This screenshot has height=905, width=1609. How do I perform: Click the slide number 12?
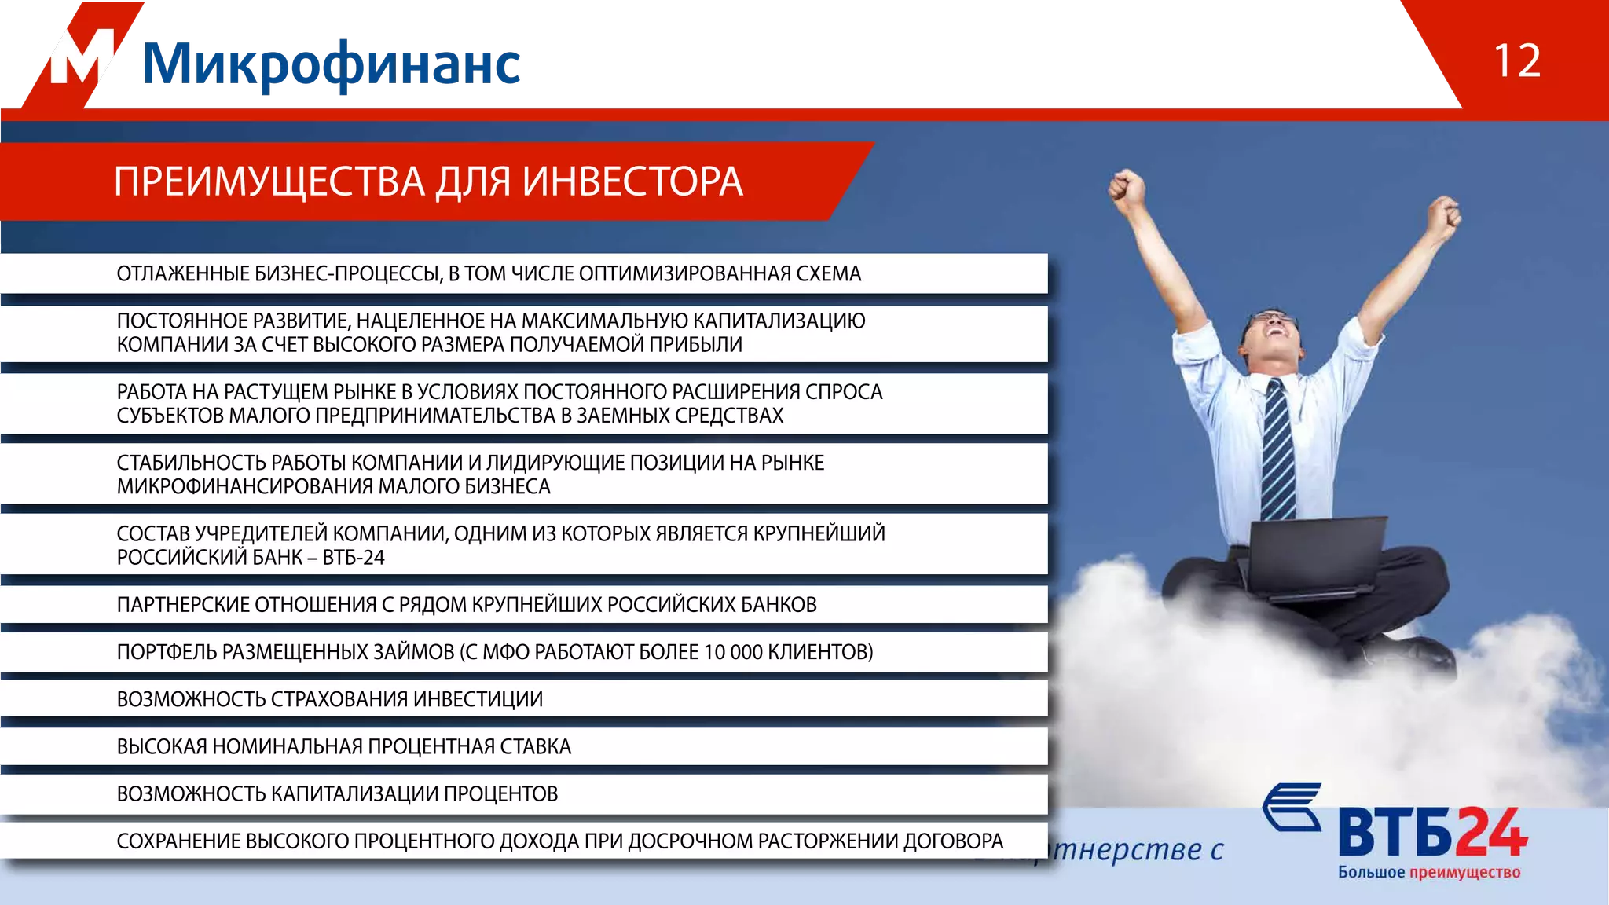(x=1516, y=61)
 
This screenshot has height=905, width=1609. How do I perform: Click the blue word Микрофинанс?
(x=332, y=64)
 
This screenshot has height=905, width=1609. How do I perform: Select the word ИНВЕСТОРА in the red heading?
(x=632, y=182)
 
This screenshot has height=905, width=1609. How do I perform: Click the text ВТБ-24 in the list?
(x=354, y=558)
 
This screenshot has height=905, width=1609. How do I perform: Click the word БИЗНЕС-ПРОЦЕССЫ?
(x=346, y=273)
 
